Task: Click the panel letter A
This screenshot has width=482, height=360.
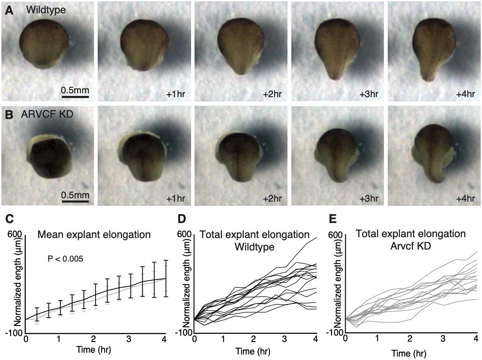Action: coord(9,11)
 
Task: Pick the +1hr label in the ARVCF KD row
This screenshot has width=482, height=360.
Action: coord(175,199)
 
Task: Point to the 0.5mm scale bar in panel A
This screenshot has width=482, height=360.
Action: coord(75,97)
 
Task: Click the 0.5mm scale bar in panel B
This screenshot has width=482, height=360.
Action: coord(75,201)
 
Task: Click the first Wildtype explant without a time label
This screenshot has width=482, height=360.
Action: coord(44,45)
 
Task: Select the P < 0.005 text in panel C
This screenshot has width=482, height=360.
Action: coord(66,259)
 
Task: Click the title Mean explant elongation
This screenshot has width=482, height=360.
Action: coord(94,235)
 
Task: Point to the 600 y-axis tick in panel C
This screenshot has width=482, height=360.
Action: coord(16,235)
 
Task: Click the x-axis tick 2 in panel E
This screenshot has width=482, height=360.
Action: coord(410,339)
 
